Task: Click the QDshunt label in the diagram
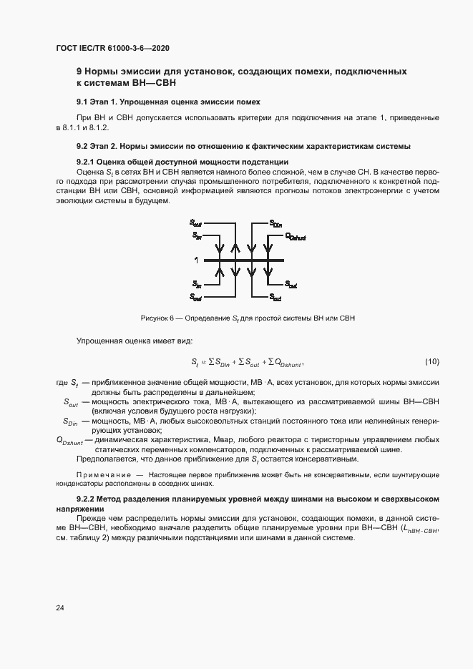point(295,235)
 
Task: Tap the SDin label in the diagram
point(276,223)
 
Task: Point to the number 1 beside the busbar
point(195,260)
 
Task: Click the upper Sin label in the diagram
point(196,235)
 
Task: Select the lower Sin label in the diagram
point(196,284)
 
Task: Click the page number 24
point(59,608)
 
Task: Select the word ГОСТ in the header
point(67,49)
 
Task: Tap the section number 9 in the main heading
point(79,72)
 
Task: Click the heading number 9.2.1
point(86,162)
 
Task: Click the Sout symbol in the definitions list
point(71,402)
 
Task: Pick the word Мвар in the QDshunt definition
point(258,440)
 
